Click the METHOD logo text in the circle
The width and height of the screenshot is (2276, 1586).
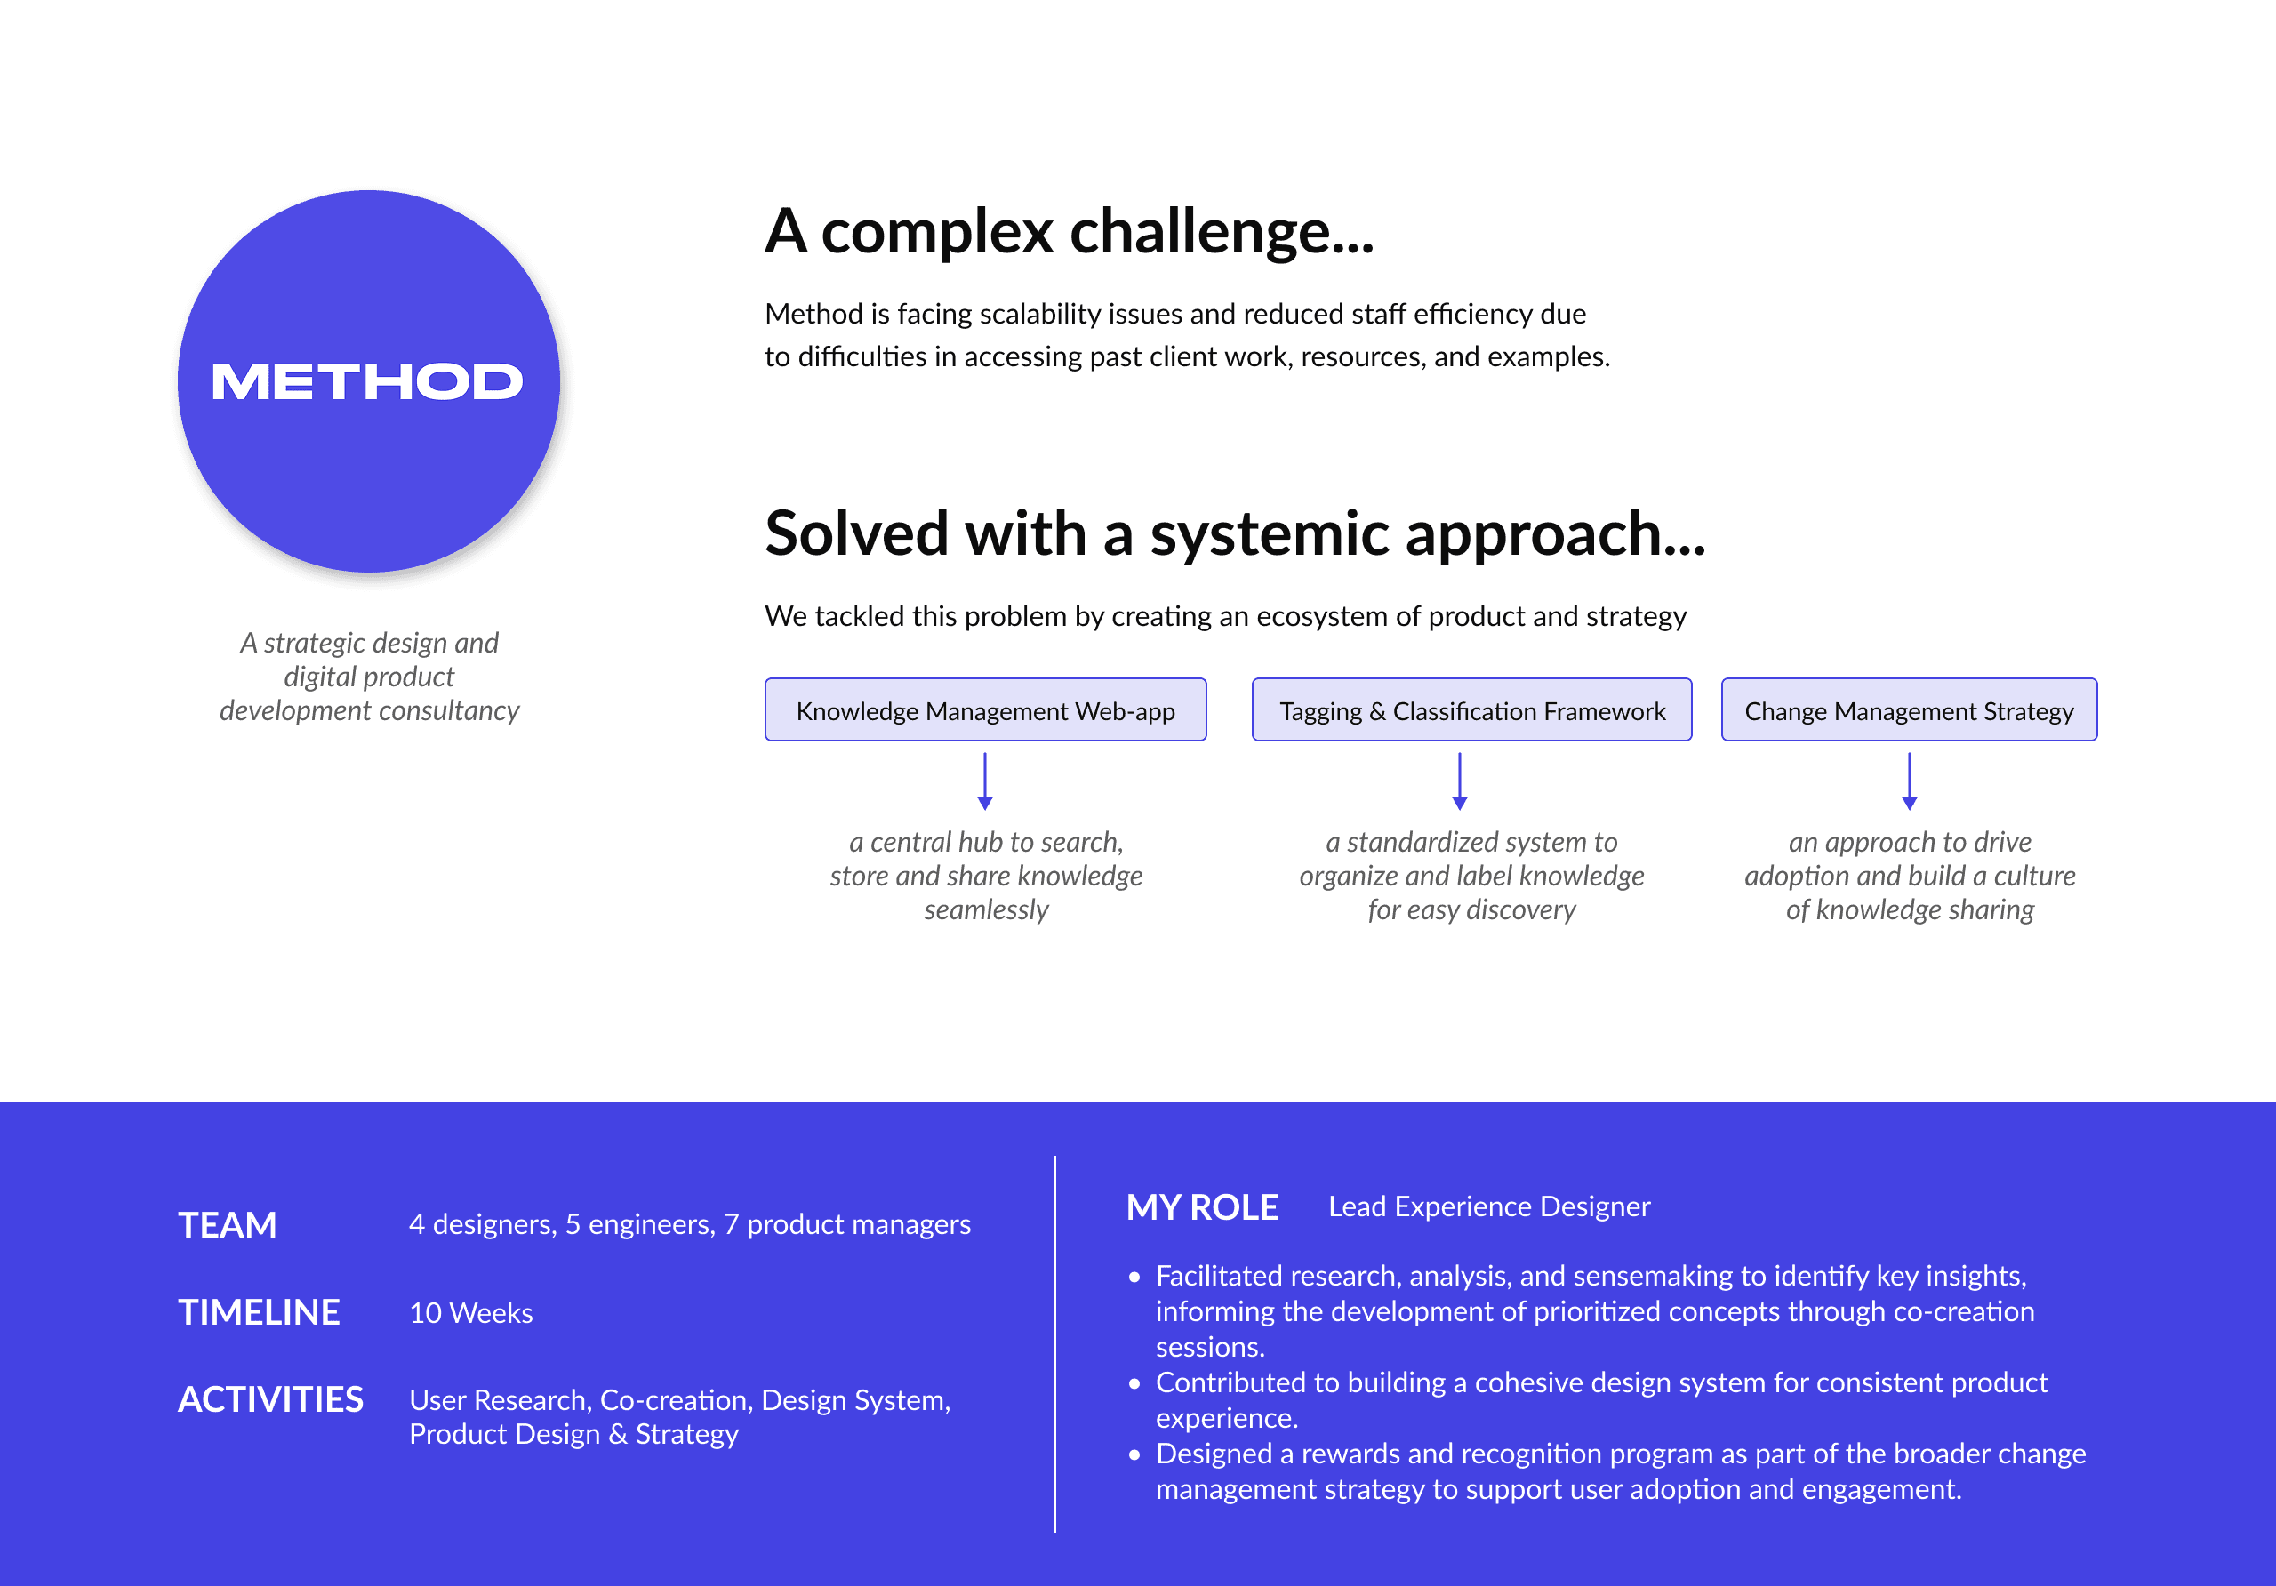pyautogui.click(x=367, y=381)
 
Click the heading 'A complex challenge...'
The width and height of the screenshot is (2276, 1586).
pyautogui.click(x=1069, y=232)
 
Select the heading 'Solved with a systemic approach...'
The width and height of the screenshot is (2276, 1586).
pyautogui.click(x=1234, y=533)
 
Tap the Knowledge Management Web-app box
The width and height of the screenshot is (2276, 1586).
pyautogui.click(x=985, y=710)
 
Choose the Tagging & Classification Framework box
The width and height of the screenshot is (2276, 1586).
pyautogui.click(x=1472, y=710)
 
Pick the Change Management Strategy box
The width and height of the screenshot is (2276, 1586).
pyautogui.click(x=1908, y=710)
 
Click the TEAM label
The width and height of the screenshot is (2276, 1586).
pyautogui.click(x=227, y=1225)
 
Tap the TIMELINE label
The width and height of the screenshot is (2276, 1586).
pyautogui.click(x=259, y=1312)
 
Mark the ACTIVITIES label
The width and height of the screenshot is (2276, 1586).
pyautogui.click(x=270, y=1399)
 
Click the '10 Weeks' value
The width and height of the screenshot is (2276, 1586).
pyautogui.click(x=471, y=1313)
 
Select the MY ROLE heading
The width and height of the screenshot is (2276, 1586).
pyautogui.click(x=1202, y=1207)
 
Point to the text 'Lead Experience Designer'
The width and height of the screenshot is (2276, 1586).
pyautogui.click(x=1489, y=1206)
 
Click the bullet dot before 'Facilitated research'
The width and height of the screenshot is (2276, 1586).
pyautogui.click(x=1134, y=1277)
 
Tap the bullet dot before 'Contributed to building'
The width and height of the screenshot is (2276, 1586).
pyautogui.click(x=1134, y=1384)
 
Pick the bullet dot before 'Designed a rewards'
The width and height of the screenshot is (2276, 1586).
pyautogui.click(x=1134, y=1455)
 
